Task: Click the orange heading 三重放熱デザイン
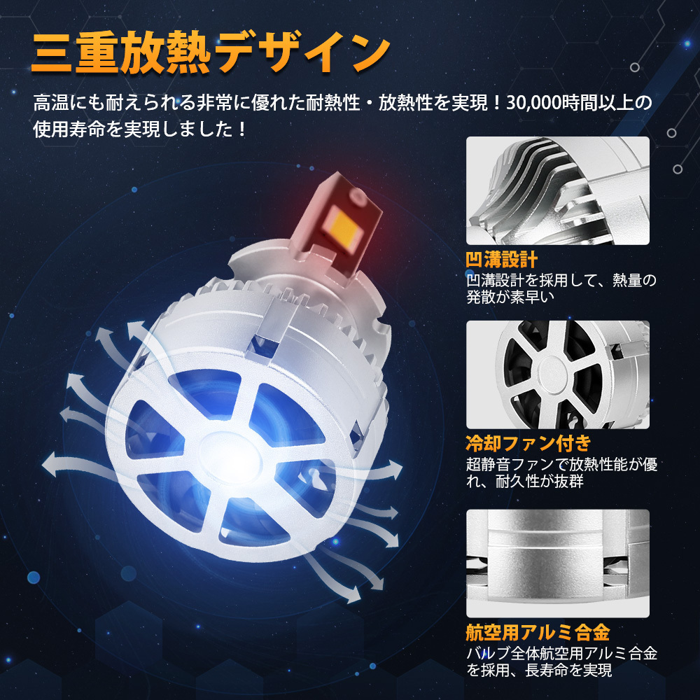point(211,52)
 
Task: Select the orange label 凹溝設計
point(501,260)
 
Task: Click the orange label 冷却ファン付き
point(528,443)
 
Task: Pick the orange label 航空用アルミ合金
point(538,633)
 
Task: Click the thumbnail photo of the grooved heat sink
point(558,190)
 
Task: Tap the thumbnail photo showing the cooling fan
point(558,374)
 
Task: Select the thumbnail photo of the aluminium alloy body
point(558,563)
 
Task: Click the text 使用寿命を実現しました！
point(140,129)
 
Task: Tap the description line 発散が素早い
point(510,297)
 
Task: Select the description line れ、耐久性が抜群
point(524,482)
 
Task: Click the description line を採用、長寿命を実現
point(539,670)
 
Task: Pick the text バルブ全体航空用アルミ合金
point(561,653)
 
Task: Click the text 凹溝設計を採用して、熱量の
point(561,281)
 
